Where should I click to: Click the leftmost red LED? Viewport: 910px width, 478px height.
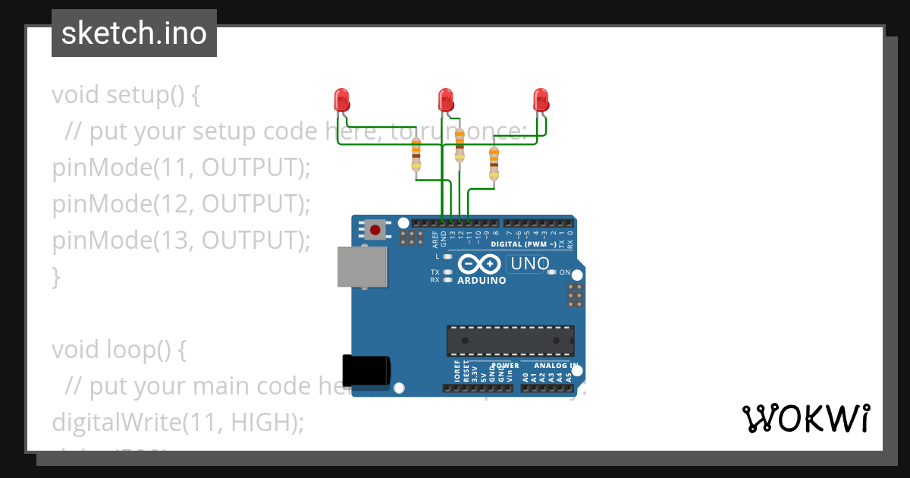(x=341, y=99)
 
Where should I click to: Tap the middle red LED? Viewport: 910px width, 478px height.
(x=446, y=99)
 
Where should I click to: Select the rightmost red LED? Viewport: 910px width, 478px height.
(x=541, y=99)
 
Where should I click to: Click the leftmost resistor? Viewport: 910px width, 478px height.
(x=416, y=155)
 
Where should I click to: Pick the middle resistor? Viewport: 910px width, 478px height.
(x=460, y=144)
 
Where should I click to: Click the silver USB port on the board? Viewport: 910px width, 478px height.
(x=361, y=267)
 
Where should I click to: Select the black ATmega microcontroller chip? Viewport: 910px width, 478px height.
(x=510, y=341)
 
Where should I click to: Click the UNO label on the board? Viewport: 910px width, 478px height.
(x=529, y=264)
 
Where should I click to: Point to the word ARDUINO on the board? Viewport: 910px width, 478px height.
(x=482, y=281)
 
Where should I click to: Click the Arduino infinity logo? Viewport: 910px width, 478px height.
(x=479, y=264)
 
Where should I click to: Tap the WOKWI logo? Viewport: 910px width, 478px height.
(x=806, y=418)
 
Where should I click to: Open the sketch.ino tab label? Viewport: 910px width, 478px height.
(x=134, y=33)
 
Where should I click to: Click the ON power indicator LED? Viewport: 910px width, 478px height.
(x=552, y=272)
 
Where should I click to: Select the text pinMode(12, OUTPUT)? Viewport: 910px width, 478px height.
(x=182, y=204)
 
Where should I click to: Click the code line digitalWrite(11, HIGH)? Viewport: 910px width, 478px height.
(x=177, y=422)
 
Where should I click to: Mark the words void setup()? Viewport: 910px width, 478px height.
(x=118, y=96)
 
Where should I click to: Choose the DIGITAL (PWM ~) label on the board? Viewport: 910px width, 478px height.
(x=523, y=244)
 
